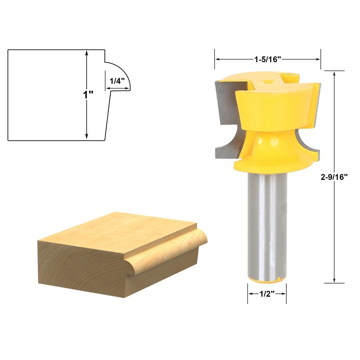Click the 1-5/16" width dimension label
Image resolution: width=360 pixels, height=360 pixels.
[x=267, y=59]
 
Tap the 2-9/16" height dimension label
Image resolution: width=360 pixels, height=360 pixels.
[x=334, y=177]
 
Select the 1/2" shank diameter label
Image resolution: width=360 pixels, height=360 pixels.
[x=267, y=294]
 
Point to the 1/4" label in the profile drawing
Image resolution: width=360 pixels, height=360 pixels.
[x=117, y=81]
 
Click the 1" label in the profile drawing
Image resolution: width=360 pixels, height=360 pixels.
[x=88, y=94]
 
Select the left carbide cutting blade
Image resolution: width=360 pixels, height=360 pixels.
[x=227, y=119]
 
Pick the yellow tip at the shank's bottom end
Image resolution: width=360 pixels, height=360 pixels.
[x=267, y=282]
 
